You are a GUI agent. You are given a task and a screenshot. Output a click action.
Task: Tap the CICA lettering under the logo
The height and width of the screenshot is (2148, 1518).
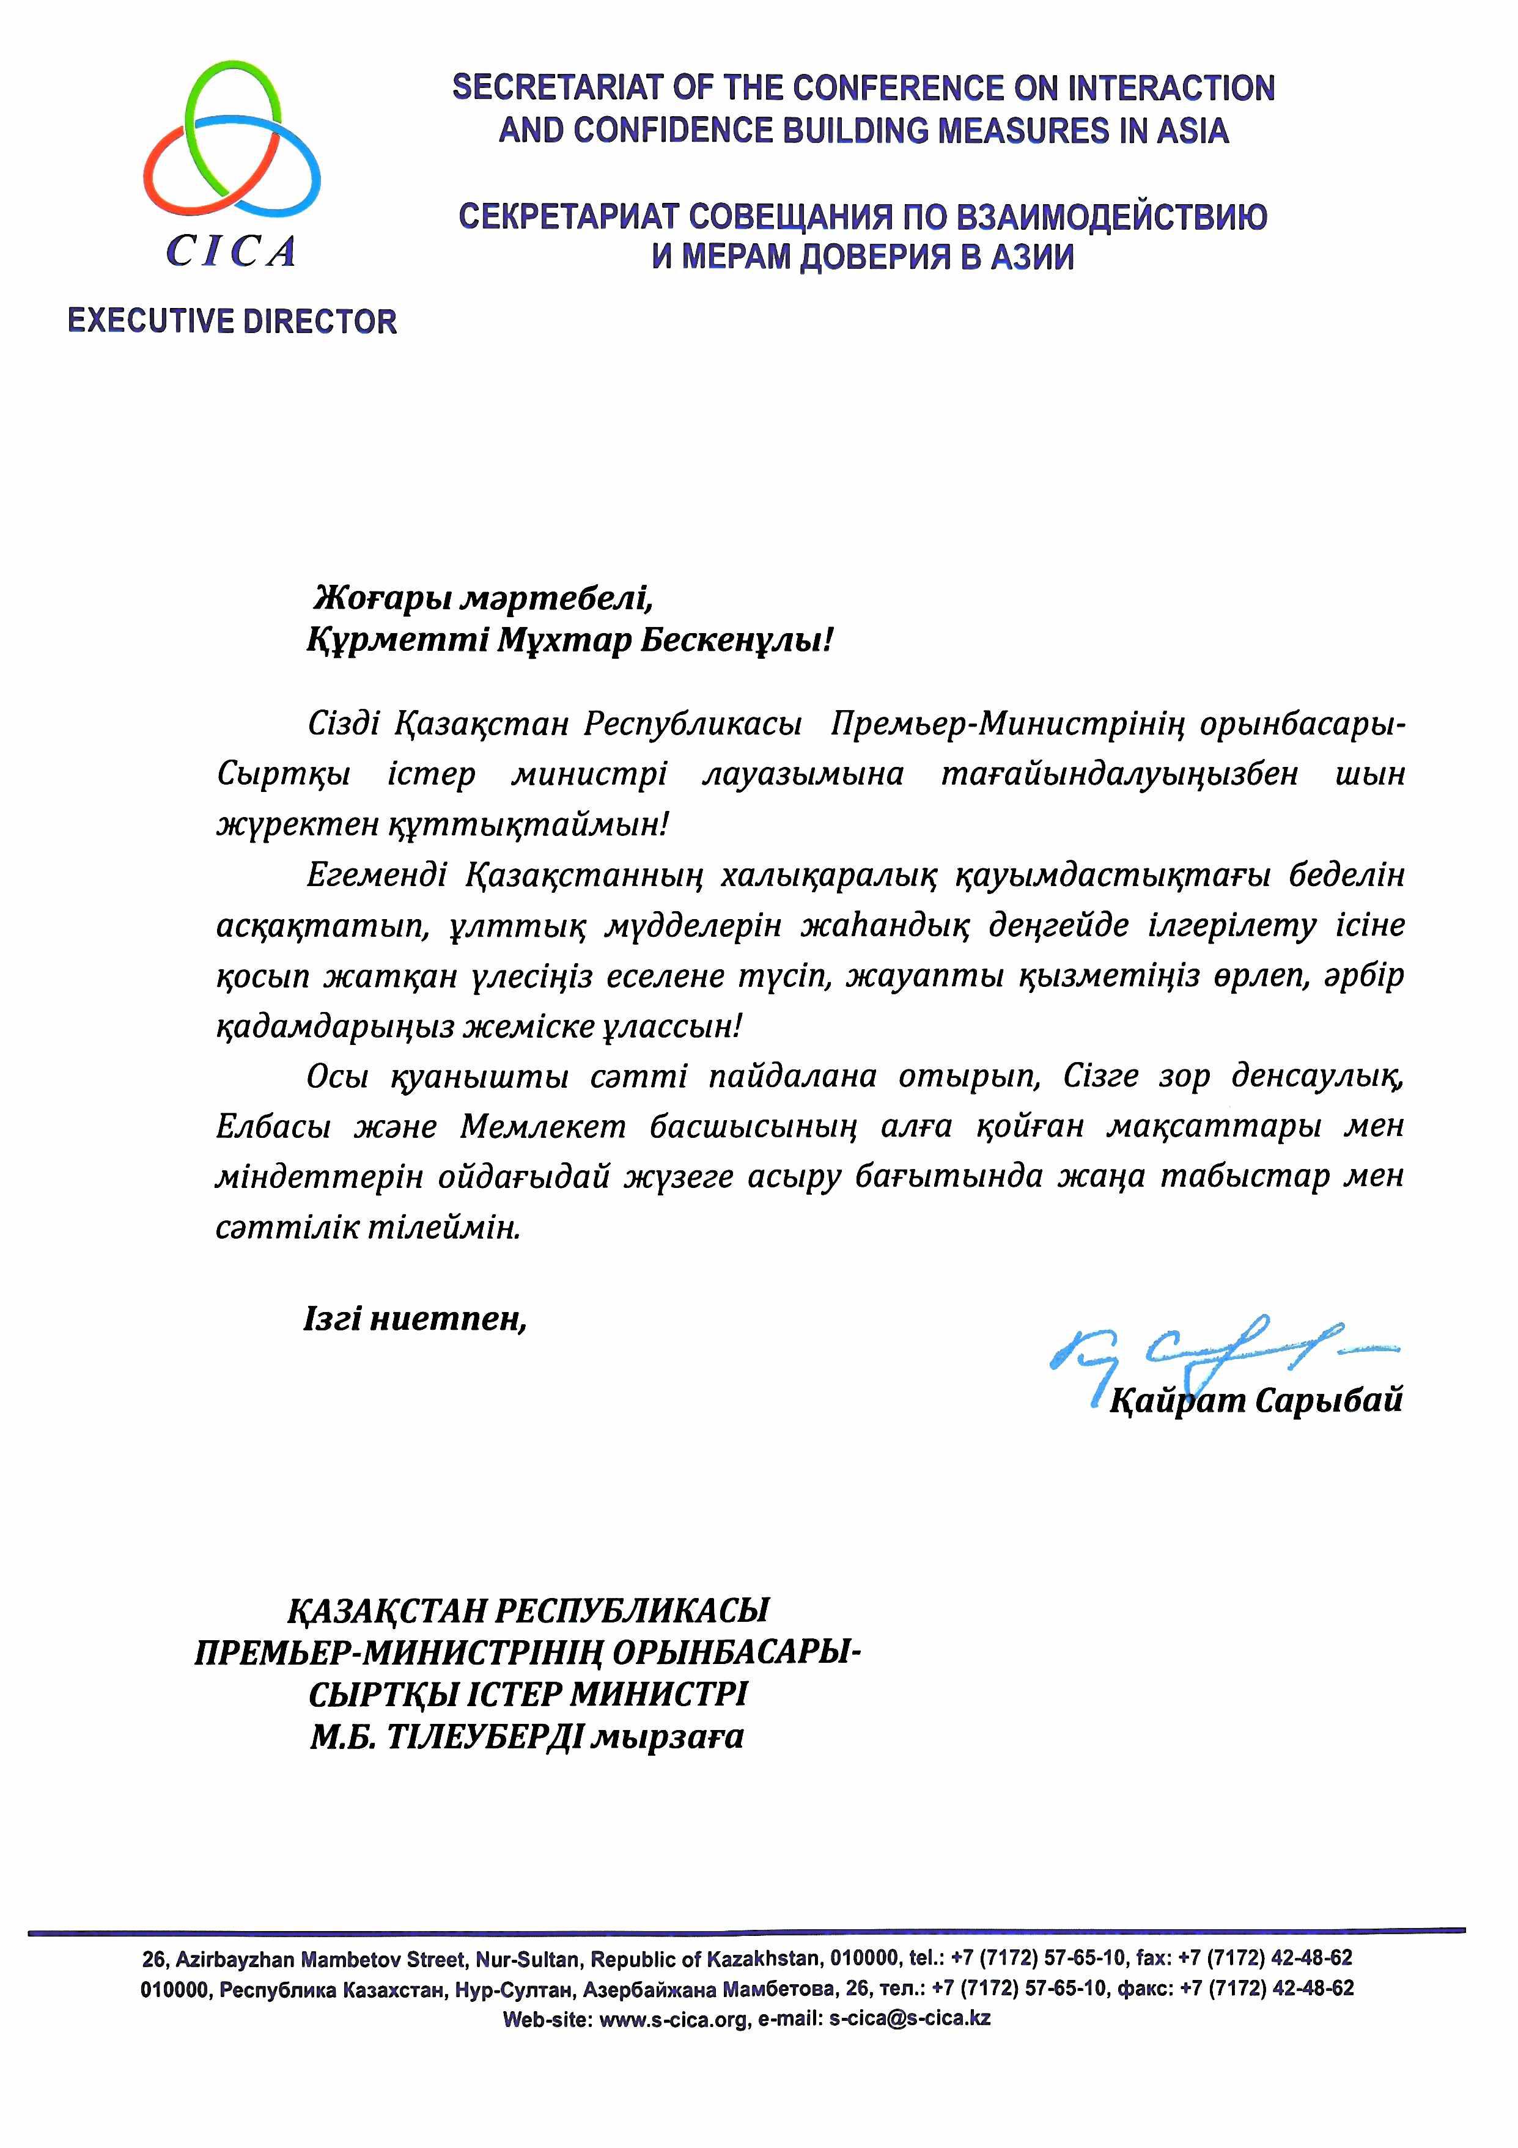(231, 251)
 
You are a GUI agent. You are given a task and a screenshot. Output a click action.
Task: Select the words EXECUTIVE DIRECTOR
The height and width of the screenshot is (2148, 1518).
(232, 322)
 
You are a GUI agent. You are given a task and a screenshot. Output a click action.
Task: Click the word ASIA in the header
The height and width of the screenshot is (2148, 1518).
(1192, 130)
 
